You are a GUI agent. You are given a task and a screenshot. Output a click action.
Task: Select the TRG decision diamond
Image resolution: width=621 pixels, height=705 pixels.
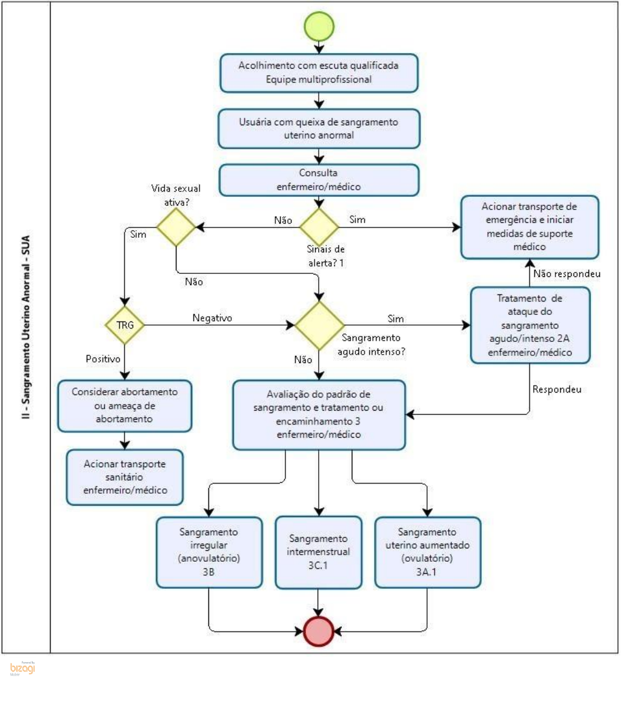coord(123,325)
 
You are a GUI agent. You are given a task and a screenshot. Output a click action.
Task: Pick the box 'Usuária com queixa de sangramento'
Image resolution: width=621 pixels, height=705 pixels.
coord(319,128)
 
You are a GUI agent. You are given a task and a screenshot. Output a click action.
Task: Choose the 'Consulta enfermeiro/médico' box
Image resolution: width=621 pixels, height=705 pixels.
coord(319,180)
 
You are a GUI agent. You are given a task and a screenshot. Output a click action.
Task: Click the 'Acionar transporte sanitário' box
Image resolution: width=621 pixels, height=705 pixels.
coord(125,477)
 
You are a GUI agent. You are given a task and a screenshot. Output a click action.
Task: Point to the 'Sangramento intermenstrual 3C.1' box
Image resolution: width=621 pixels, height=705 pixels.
coord(318,551)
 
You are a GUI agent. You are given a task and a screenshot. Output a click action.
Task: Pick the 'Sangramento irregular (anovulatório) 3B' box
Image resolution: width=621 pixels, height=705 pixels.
coord(210,551)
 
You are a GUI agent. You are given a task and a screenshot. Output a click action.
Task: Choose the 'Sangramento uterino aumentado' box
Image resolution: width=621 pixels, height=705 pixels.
coord(428,551)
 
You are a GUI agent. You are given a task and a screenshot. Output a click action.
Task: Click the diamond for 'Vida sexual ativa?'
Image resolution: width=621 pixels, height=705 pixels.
coord(176,228)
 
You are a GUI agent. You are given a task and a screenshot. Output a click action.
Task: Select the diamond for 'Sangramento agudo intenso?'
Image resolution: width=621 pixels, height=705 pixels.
coord(319,325)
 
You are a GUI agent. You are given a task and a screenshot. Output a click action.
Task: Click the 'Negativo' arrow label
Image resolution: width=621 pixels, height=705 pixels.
coord(212,317)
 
